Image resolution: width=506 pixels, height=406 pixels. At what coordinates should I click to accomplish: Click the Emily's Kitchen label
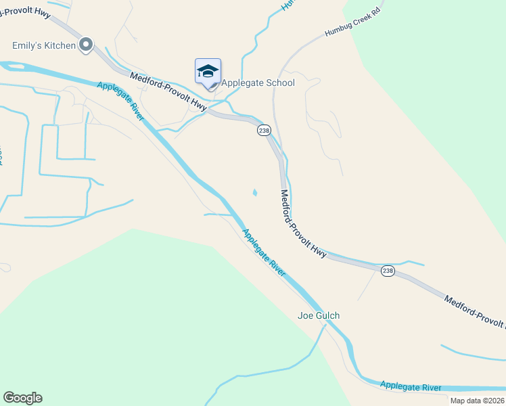tap(43, 46)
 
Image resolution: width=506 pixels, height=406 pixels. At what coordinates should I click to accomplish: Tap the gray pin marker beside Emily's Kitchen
tap(86, 45)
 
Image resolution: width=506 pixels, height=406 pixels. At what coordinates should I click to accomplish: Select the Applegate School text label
tap(258, 83)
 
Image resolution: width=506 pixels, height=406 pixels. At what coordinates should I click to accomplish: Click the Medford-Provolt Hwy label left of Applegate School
tap(168, 93)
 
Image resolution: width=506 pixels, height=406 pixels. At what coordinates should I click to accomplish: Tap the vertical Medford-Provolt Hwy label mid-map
tap(304, 224)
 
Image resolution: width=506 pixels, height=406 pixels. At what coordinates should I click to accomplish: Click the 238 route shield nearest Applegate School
tap(264, 130)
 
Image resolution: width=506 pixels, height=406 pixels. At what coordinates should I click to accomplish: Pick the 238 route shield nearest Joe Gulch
tap(388, 271)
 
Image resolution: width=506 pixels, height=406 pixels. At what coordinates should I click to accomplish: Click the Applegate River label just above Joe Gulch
tap(264, 250)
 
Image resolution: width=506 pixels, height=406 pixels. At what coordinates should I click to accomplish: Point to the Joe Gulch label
tap(319, 315)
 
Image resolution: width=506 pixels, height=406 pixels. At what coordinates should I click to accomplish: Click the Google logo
tap(22, 398)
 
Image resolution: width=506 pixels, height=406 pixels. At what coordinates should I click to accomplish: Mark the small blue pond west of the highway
tap(255, 193)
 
